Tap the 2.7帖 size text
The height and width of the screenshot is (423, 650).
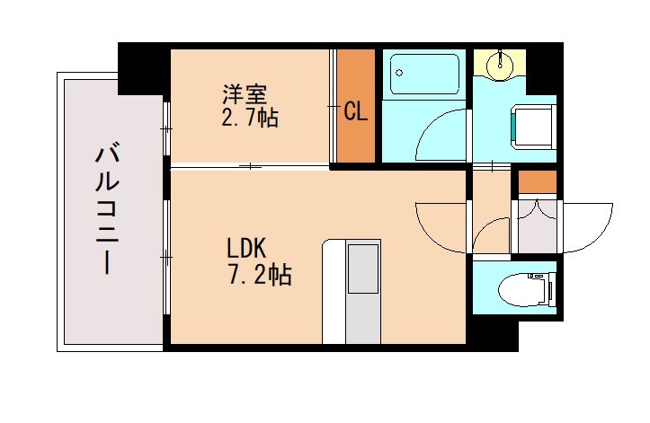tap(249, 117)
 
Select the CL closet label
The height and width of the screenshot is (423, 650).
tap(356, 112)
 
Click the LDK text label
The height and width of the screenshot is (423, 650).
tap(244, 248)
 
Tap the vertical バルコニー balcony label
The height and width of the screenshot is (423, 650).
tap(105, 211)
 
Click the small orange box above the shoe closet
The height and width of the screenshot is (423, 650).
tap(537, 181)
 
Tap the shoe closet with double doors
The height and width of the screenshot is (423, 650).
tap(537, 225)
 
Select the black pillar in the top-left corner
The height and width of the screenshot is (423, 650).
tap(142, 66)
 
